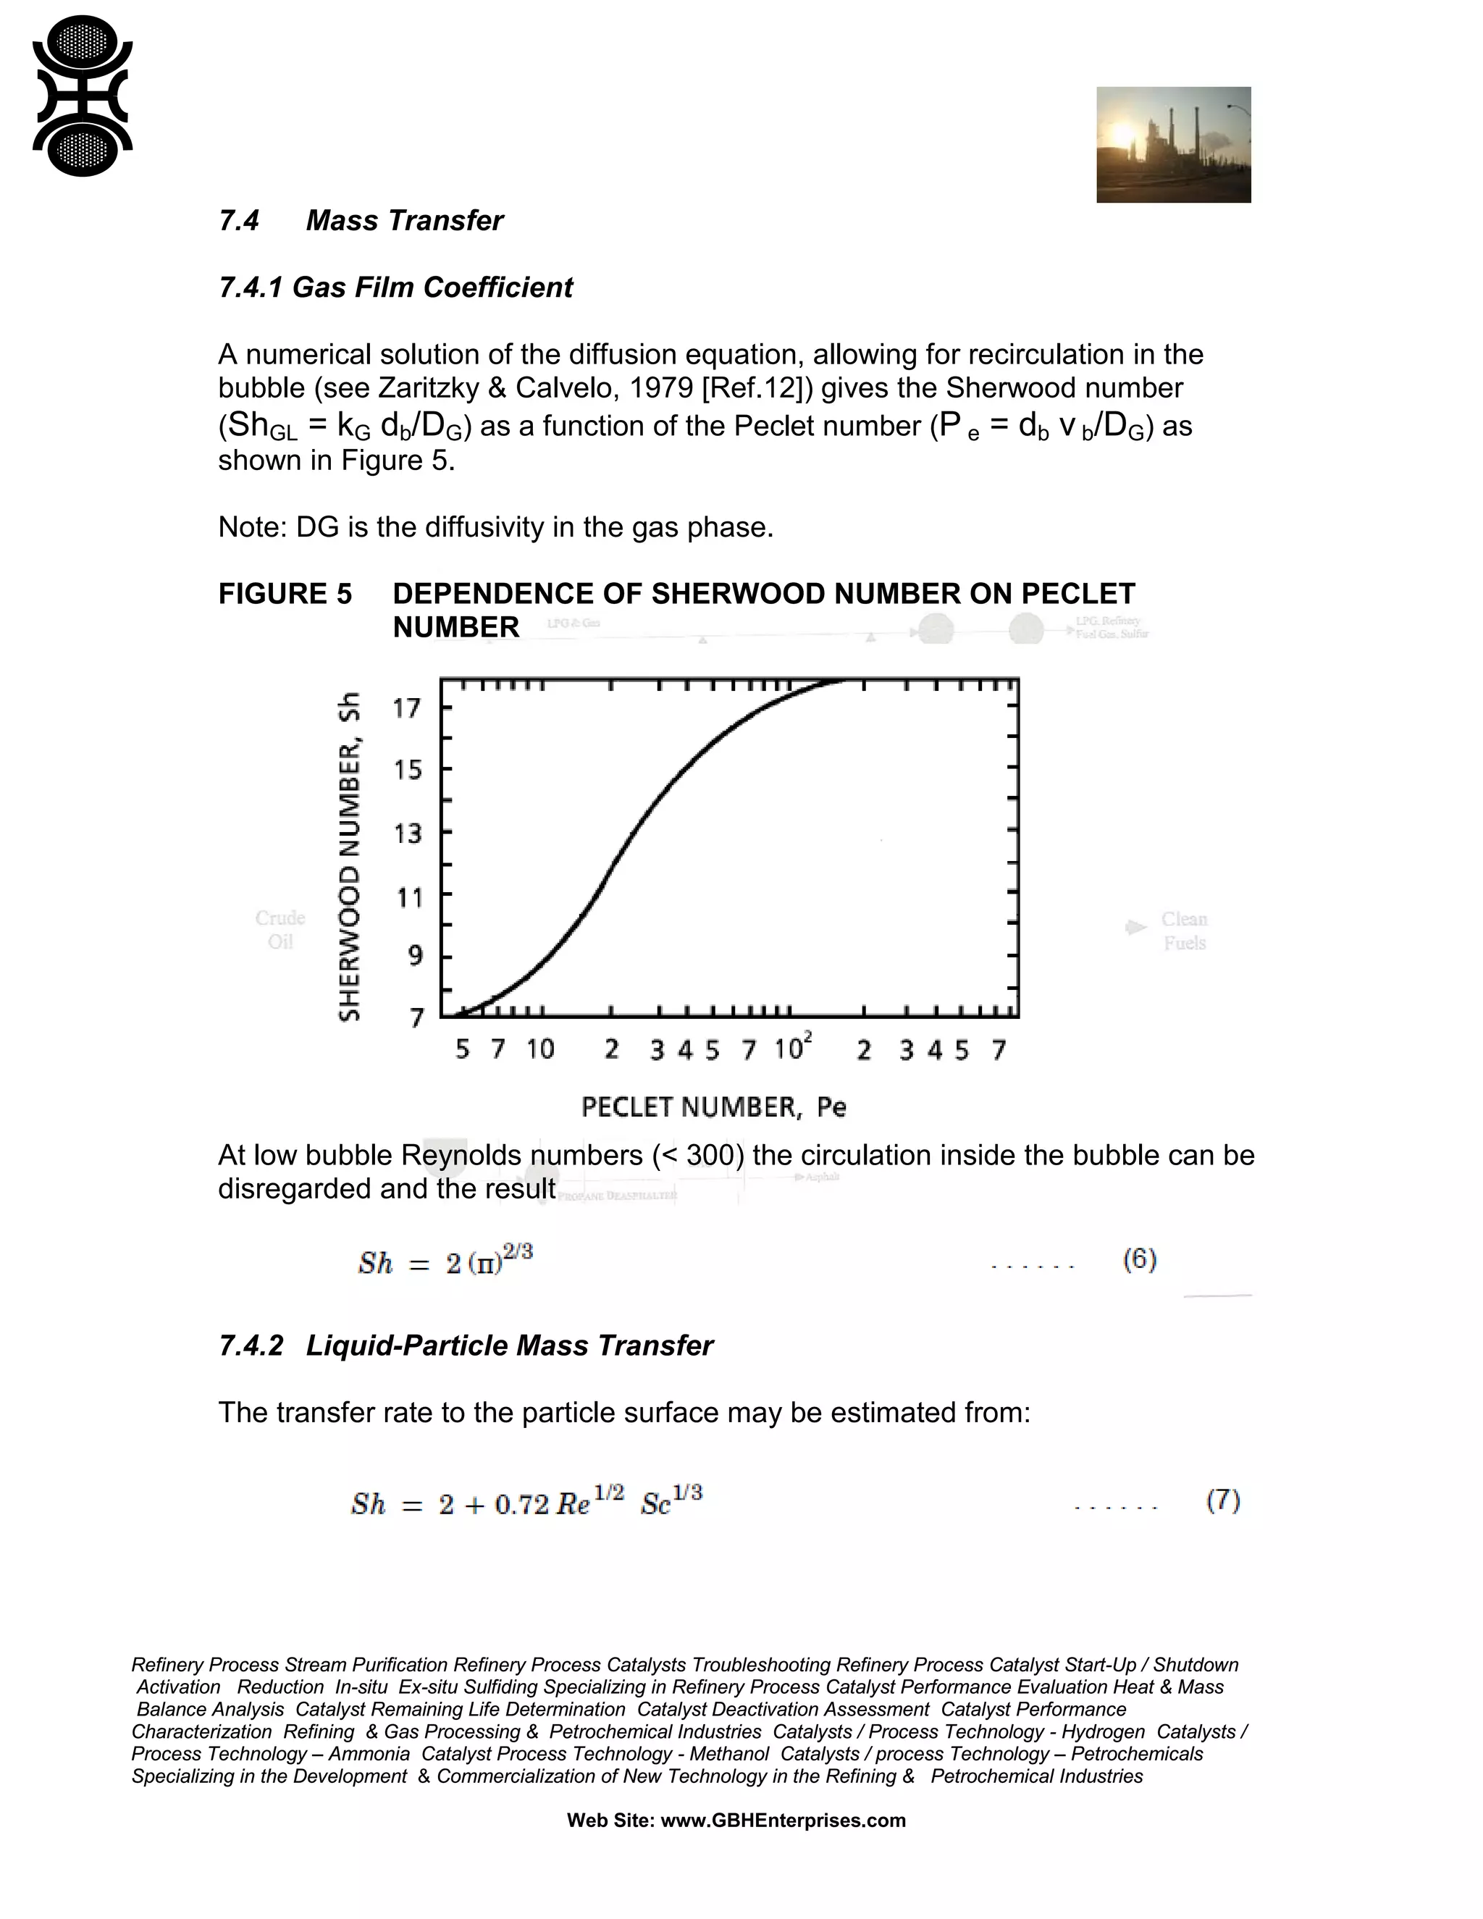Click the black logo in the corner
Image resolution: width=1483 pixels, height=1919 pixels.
tap(82, 95)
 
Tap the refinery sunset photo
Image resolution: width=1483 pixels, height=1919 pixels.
tap(1173, 144)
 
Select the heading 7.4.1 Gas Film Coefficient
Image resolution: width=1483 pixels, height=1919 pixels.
tap(395, 287)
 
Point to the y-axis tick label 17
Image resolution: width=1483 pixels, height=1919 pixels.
tap(407, 707)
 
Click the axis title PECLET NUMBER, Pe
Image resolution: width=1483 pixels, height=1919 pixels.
tap(713, 1107)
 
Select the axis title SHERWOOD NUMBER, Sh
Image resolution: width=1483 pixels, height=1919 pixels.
tap(350, 857)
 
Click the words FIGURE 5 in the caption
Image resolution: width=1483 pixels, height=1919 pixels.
tap(285, 594)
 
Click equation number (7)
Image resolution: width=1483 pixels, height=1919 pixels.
tap(1222, 1500)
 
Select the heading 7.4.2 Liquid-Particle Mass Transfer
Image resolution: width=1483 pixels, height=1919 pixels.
tap(466, 1345)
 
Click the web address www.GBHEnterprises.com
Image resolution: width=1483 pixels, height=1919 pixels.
tap(782, 1821)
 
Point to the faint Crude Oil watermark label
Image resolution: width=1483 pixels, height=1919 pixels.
tap(280, 929)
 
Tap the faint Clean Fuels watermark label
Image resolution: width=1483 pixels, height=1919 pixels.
tap(1183, 931)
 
